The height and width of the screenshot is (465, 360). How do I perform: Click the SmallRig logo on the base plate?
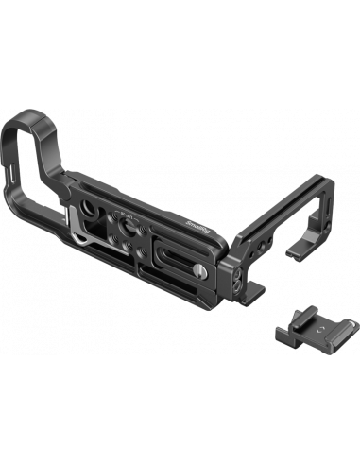click(x=186, y=199)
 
